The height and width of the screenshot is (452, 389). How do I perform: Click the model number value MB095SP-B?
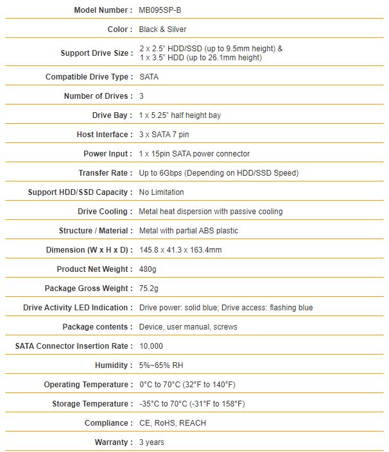click(164, 10)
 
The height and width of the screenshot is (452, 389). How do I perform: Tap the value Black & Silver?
click(163, 29)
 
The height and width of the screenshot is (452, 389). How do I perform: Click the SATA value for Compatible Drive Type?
click(149, 77)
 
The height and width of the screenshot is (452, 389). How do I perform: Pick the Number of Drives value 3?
click(141, 96)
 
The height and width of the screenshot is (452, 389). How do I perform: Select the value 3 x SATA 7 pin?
click(164, 135)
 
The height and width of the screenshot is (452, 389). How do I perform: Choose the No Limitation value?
click(161, 192)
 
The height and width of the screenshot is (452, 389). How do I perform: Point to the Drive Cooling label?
click(105, 212)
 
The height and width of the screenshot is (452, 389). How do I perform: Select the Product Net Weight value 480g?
click(148, 269)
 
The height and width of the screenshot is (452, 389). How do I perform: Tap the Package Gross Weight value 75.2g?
click(150, 289)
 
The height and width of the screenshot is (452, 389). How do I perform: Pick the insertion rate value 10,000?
click(151, 346)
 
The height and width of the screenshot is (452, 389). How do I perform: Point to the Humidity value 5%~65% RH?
click(161, 365)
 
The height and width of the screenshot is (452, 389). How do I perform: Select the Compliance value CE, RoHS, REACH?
click(173, 423)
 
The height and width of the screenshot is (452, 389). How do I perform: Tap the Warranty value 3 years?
click(151, 442)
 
